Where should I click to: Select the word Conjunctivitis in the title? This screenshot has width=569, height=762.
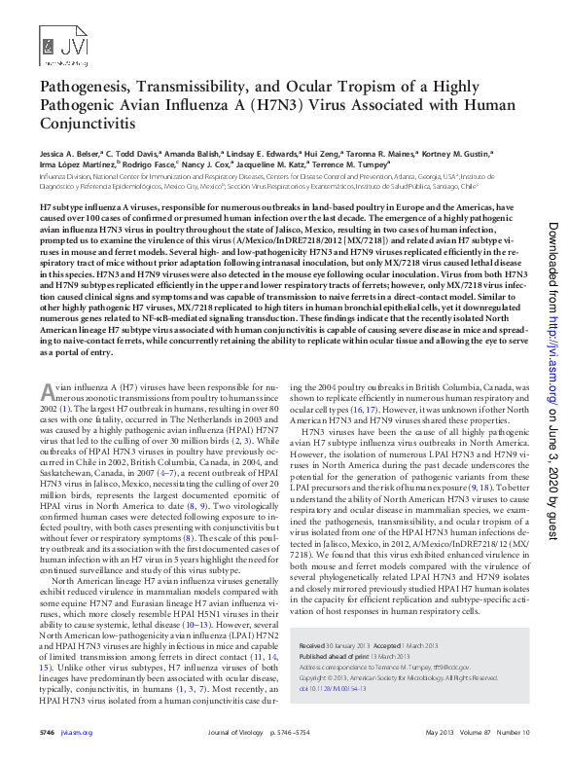(x=86, y=125)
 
